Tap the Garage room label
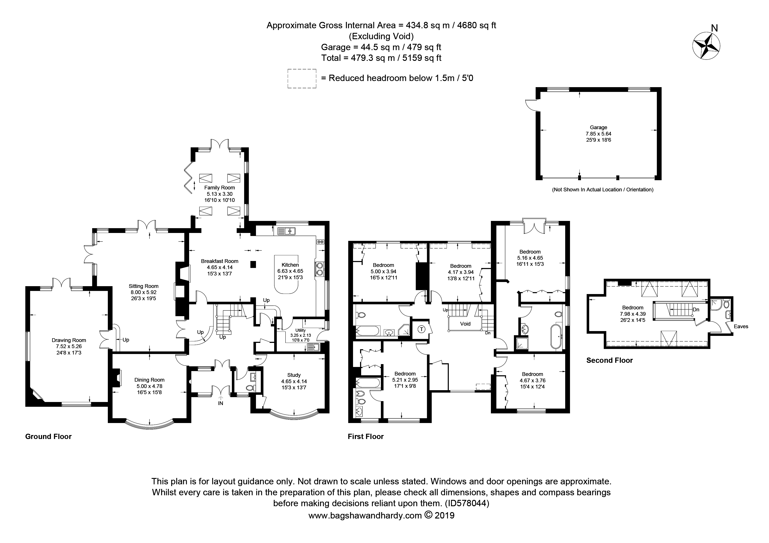click(598, 127)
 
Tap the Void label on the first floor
click(465, 324)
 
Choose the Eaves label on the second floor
click(741, 326)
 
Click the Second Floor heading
click(610, 360)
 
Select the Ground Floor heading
click(49, 437)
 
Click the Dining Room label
click(149, 380)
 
